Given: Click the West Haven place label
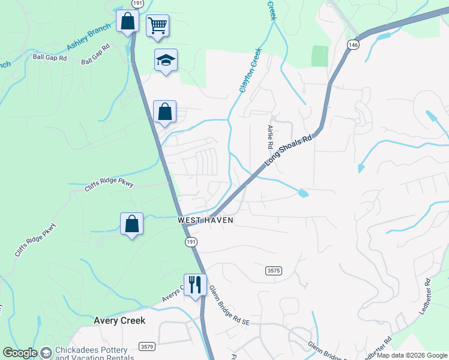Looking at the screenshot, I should (205, 221).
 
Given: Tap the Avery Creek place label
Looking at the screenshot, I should (119, 320).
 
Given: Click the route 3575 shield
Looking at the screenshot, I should (273, 271).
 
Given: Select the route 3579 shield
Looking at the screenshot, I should (146, 347).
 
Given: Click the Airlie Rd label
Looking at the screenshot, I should (270, 137).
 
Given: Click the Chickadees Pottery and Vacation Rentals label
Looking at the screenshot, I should (91, 353).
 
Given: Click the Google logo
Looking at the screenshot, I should (20, 353).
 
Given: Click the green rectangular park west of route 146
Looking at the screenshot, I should (321, 56).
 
